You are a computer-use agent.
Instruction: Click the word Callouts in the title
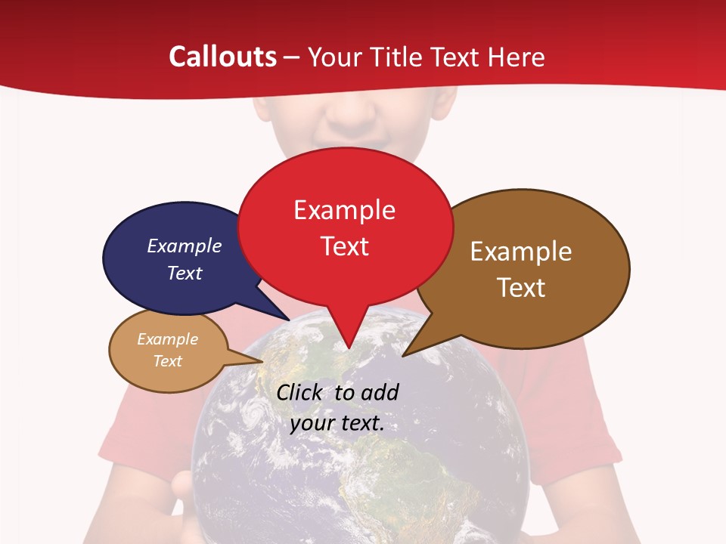coord(223,57)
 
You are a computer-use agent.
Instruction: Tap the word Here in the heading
coord(517,57)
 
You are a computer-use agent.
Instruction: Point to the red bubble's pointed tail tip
coord(348,348)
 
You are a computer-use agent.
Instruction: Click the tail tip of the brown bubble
coord(404,354)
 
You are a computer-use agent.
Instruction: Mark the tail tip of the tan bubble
coord(262,361)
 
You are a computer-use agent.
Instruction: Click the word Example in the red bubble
coord(344,210)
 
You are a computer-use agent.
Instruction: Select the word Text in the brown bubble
coord(521,288)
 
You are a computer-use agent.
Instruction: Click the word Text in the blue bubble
coord(185,273)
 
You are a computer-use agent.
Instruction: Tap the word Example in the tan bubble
coord(167,339)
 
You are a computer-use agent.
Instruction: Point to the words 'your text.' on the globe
coord(337,423)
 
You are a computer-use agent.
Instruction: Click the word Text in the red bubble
coord(345,246)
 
